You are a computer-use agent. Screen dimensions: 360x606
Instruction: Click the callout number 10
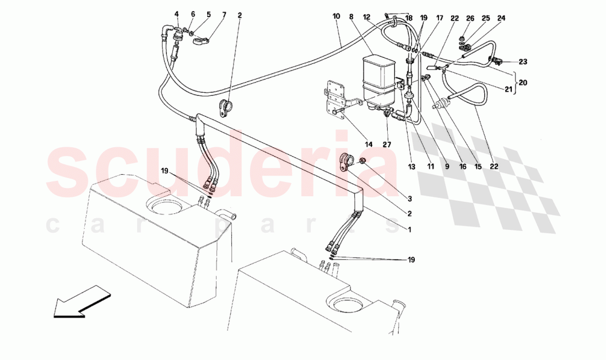tap(336, 17)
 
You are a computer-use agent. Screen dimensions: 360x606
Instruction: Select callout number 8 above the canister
tap(350, 17)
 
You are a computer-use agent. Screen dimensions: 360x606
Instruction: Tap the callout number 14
tap(369, 144)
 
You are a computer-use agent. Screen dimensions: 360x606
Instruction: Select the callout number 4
tap(177, 14)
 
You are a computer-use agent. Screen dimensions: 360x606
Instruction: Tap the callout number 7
tap(209, 14)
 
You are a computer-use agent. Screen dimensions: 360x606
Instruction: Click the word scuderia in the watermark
tap(220, 165)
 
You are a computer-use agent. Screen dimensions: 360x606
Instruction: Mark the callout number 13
tap(410, 164)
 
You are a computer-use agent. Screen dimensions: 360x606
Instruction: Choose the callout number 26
tap(470, 18)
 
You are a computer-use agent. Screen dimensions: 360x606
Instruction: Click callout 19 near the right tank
tap(411, 260)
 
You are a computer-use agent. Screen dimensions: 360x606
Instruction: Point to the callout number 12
tap(366, 17)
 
